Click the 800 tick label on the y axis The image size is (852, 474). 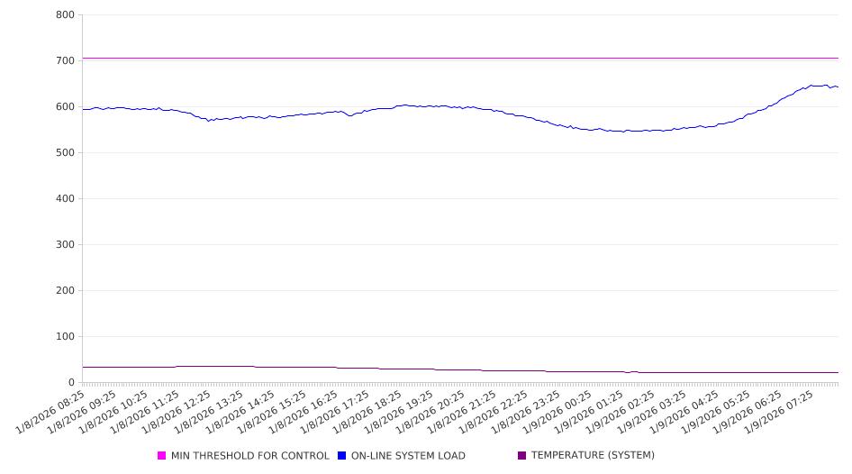coord(64,15)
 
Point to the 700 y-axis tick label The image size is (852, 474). coord(64,61)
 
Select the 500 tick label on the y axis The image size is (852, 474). coord(64,153)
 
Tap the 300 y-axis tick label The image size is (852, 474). coord(64,245)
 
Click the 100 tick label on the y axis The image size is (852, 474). coord(64,337)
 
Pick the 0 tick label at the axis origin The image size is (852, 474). coord(71,383)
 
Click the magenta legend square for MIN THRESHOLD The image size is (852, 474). coord(162,456)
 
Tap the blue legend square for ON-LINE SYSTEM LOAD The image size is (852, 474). coord(342,456)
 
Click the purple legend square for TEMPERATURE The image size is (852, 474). coord(522,456)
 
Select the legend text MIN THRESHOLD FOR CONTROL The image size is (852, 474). coord(250,456)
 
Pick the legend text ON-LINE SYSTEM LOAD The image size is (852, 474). coord(408,456)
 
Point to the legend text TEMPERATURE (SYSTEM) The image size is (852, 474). coord(593,456)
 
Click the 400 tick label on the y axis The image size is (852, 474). coord(64,199)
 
